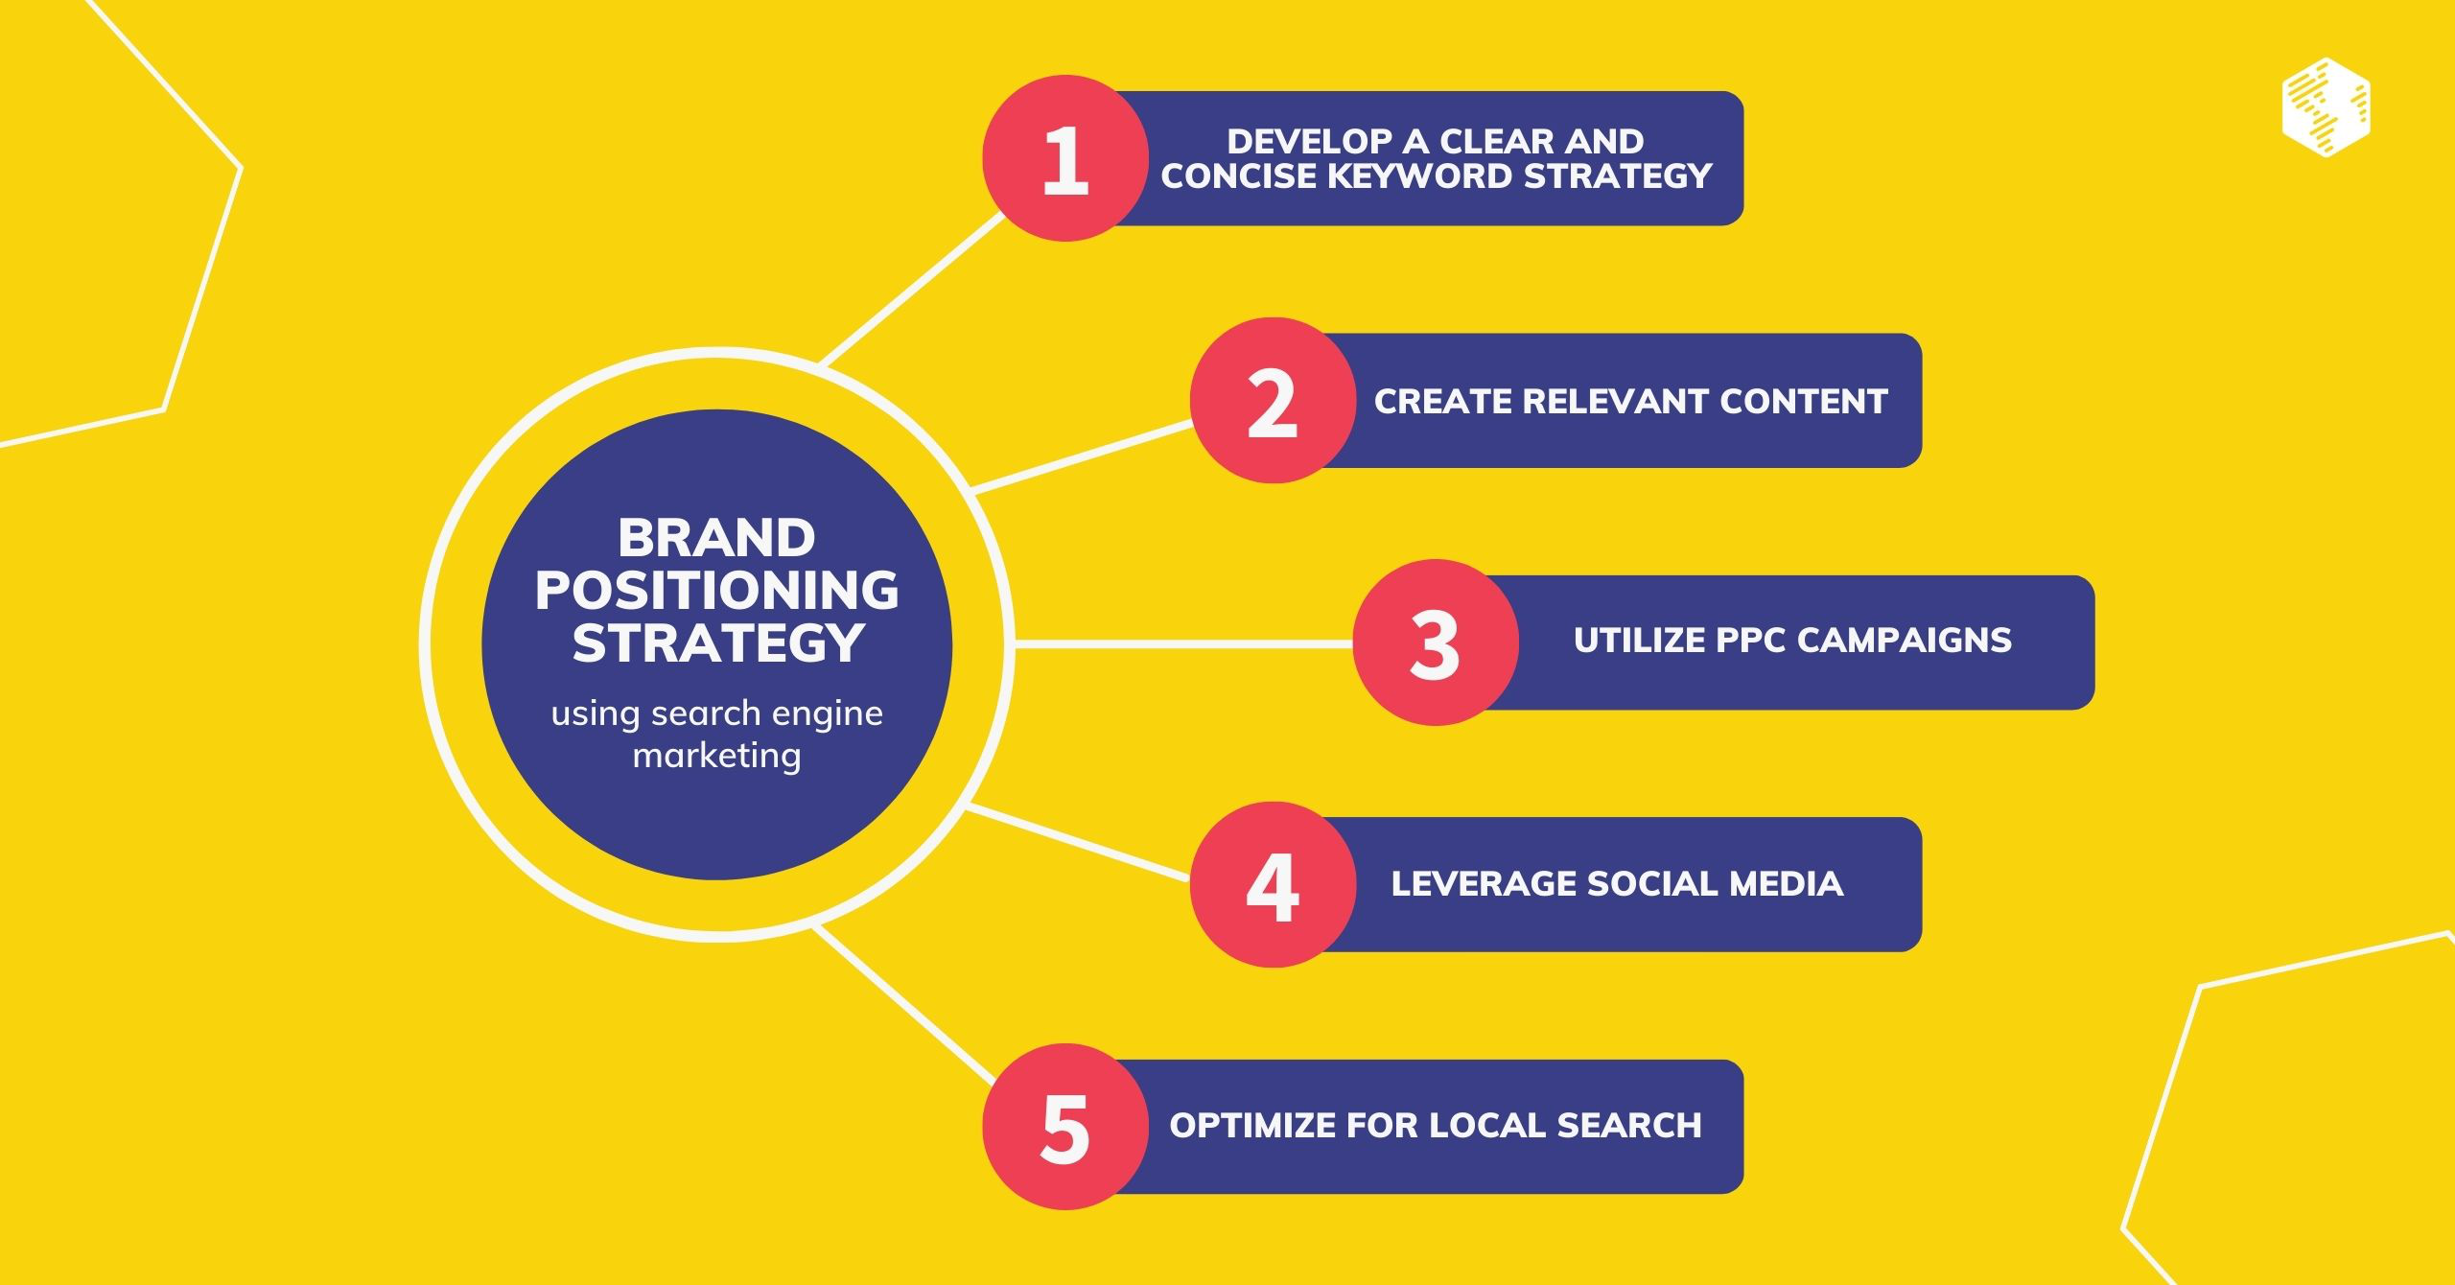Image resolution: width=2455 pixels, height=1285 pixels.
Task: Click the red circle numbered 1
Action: click(1064, 158)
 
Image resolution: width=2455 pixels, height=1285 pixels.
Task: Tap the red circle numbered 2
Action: click(1273, 401)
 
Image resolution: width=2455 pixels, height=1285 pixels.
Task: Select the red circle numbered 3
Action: click(1435, 642)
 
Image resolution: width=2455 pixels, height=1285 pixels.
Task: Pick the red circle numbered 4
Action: click(1273, 884)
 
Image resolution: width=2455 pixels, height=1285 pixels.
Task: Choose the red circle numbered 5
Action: click(1064, 1127)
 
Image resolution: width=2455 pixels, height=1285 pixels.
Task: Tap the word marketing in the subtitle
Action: click(716, 756)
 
